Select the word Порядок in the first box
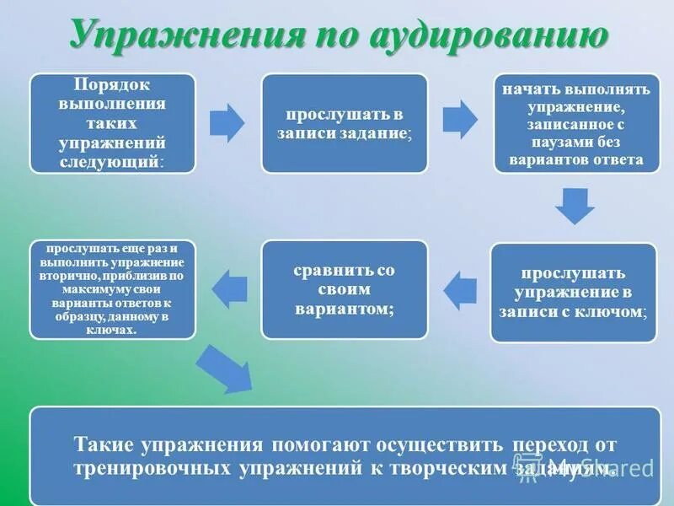coord(112,86)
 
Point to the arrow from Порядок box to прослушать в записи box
coord(227,122)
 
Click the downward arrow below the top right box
coord(575,204)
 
